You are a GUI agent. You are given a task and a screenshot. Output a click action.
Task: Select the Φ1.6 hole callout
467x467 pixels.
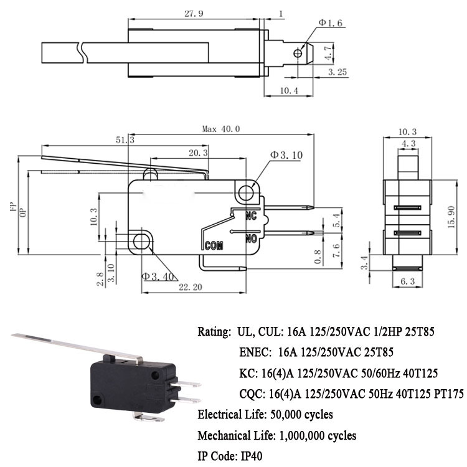[331, 23]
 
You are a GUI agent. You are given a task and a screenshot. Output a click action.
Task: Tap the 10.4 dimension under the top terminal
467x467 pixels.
[288, 91]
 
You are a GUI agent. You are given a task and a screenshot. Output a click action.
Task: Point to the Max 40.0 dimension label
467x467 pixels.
[221, 129]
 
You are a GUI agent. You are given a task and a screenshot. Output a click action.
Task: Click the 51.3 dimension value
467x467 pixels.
[125, 141]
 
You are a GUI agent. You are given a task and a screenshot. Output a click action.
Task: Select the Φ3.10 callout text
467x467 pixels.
[286, 154]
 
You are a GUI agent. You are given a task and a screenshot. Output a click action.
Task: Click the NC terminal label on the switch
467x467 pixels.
[251, 217]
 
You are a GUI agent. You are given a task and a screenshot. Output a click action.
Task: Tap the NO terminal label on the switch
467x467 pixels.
[252, 238]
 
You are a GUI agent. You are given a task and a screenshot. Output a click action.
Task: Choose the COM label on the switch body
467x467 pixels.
[214, 245]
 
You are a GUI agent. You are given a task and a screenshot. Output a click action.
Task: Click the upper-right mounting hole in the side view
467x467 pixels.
[247, 190]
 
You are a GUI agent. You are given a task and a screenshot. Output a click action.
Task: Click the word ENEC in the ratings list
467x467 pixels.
[255, 352]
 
